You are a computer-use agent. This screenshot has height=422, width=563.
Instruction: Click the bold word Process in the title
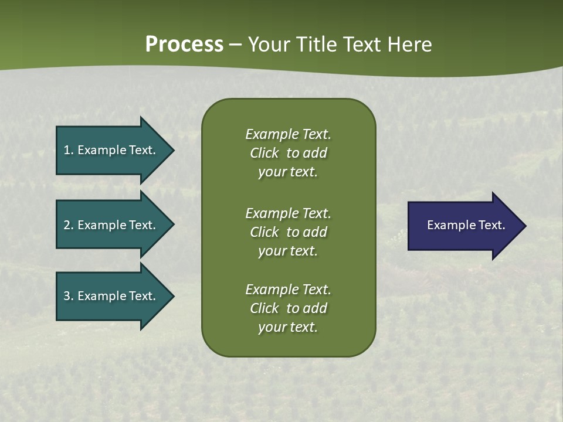[184, 45]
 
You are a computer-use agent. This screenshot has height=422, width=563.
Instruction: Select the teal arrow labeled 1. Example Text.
[106, 150]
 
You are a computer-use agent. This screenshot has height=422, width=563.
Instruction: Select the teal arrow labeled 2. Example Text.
[106, 225]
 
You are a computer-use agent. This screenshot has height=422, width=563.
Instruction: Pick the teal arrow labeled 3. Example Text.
[106, 296]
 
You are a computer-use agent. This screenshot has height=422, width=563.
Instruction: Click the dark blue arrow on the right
[457, 226]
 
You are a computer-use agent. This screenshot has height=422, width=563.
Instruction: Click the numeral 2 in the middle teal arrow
[67, 225]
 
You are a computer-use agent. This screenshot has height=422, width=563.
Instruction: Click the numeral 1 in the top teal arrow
[67, 150]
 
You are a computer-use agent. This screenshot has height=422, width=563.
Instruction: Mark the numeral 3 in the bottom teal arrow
[67, 296]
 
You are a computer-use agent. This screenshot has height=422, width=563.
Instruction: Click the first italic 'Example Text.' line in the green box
[288, 134]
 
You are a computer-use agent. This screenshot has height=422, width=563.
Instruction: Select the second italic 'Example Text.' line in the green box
[288, 213]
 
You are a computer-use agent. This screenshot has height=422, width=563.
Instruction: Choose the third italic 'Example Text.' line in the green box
[288, 290]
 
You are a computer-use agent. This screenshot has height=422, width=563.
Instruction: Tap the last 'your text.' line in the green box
[288, 327]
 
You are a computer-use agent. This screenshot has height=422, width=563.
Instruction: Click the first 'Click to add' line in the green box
[288, 153]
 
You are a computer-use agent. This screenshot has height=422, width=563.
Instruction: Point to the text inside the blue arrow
[466, 225]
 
